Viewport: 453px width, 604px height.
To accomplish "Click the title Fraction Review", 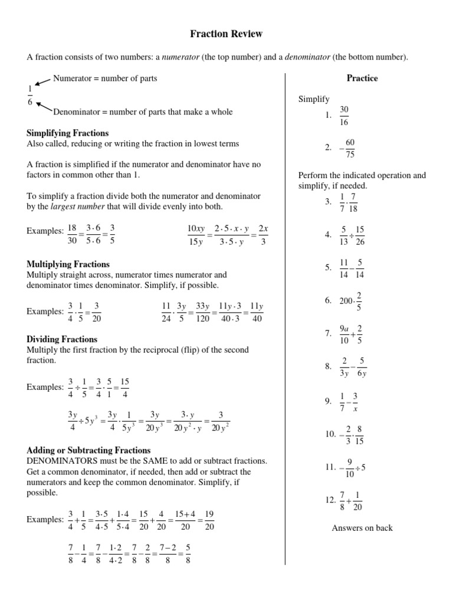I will tap(226, 34).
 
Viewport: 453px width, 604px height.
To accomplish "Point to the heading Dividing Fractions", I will tap(63, 339).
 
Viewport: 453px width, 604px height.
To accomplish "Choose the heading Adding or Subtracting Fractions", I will tap(88, 450).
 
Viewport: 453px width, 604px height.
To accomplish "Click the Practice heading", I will tap(362, 78).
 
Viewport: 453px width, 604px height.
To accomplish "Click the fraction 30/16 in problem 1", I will tap(344, 116).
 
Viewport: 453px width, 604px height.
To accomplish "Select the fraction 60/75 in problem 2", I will tap(350, 149).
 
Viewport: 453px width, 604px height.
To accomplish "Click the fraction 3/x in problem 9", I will tap(355, 401).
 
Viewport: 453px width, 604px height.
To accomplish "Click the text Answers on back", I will tap(362, 528).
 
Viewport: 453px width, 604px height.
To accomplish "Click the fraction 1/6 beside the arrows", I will tap(31, 96).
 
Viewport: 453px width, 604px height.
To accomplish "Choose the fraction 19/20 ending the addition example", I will tap(209, 520).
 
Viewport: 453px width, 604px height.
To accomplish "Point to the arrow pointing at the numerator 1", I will tap(44, 81).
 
